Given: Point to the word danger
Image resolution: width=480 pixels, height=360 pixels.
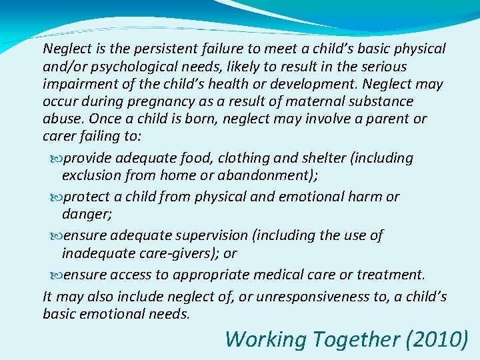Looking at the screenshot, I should coord(85,214).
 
